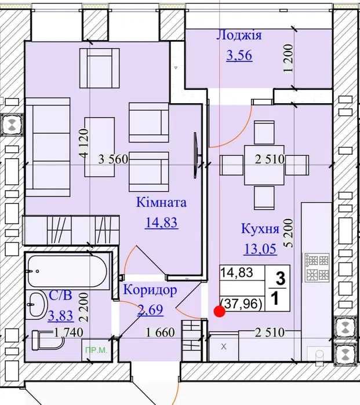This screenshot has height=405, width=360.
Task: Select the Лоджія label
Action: [239, 35]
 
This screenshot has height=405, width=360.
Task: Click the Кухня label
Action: [260, 229]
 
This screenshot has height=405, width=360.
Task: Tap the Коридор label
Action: [150, 290]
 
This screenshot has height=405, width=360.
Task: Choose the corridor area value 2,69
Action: [150, 309]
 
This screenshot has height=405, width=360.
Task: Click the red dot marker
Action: [220, 312]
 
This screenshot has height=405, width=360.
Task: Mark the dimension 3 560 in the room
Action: [114, 159]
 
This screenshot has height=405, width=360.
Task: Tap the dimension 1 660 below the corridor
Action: [160, 333]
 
